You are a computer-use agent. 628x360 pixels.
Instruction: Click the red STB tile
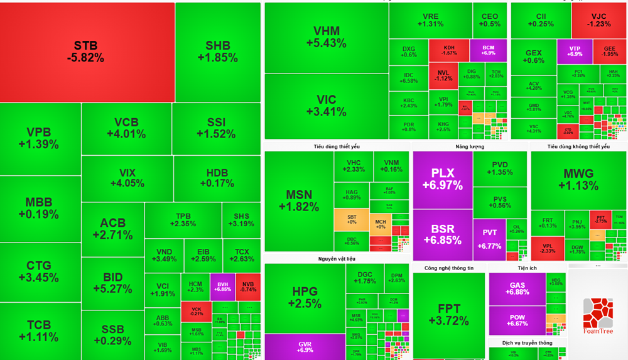[x=87, y=52]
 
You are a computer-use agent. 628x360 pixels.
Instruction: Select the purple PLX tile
[x=442, y=178]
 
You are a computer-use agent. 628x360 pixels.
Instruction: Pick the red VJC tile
[x=598, y=20]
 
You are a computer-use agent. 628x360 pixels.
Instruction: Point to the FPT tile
[x=448, y=314]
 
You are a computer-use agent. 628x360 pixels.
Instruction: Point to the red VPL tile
[x=547, y=248]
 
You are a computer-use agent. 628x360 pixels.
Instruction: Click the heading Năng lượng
[x=470, y=146]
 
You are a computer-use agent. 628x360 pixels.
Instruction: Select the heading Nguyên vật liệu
[x=337, y=258]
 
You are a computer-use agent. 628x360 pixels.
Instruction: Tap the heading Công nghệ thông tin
[x=448, y=268]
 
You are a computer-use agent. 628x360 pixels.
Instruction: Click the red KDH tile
[x=449, y=50]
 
